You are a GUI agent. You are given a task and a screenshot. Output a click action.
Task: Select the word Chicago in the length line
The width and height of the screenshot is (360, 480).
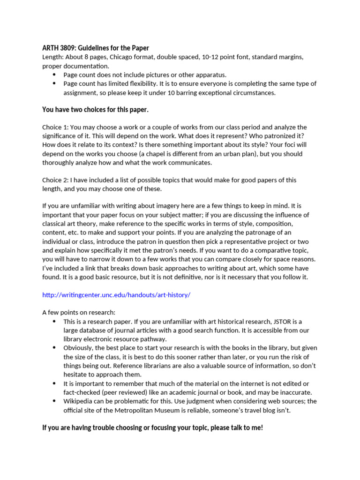click(x=122, y=57)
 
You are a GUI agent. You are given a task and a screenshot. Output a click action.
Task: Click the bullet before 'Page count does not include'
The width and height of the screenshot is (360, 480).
click(x=53, y=75)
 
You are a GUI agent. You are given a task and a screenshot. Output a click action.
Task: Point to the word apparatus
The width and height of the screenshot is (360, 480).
click(x=209, y=75)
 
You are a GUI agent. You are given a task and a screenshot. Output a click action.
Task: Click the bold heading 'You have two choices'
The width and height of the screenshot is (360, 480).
click(x=95, y=110)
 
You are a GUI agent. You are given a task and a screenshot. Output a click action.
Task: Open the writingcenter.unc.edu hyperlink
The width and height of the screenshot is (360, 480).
click(x=116, y=295)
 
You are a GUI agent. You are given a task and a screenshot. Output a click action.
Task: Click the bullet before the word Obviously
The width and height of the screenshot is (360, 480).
click(x=53, y=348)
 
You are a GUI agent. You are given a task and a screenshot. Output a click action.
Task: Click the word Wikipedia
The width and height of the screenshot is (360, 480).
click(x=80, y=401)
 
